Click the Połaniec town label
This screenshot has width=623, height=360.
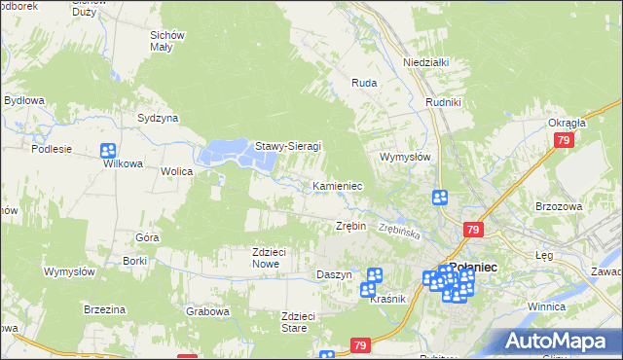(473, 267)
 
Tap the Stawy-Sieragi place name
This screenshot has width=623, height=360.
(288, 147)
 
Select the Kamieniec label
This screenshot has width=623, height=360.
(338, 185)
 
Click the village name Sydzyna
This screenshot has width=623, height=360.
(158, 118)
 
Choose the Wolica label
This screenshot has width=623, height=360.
(177, 171)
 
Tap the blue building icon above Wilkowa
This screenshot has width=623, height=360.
(108, 151)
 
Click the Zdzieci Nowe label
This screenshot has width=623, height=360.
(268, 258)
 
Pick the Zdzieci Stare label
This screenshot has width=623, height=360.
(299, 322)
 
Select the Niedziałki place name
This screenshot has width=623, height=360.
(424, 62)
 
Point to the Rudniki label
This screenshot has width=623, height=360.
(443, 100)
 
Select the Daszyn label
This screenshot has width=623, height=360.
(334, 275)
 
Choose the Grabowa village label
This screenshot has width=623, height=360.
(207, 312)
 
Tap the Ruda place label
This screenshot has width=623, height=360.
(364, 84)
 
